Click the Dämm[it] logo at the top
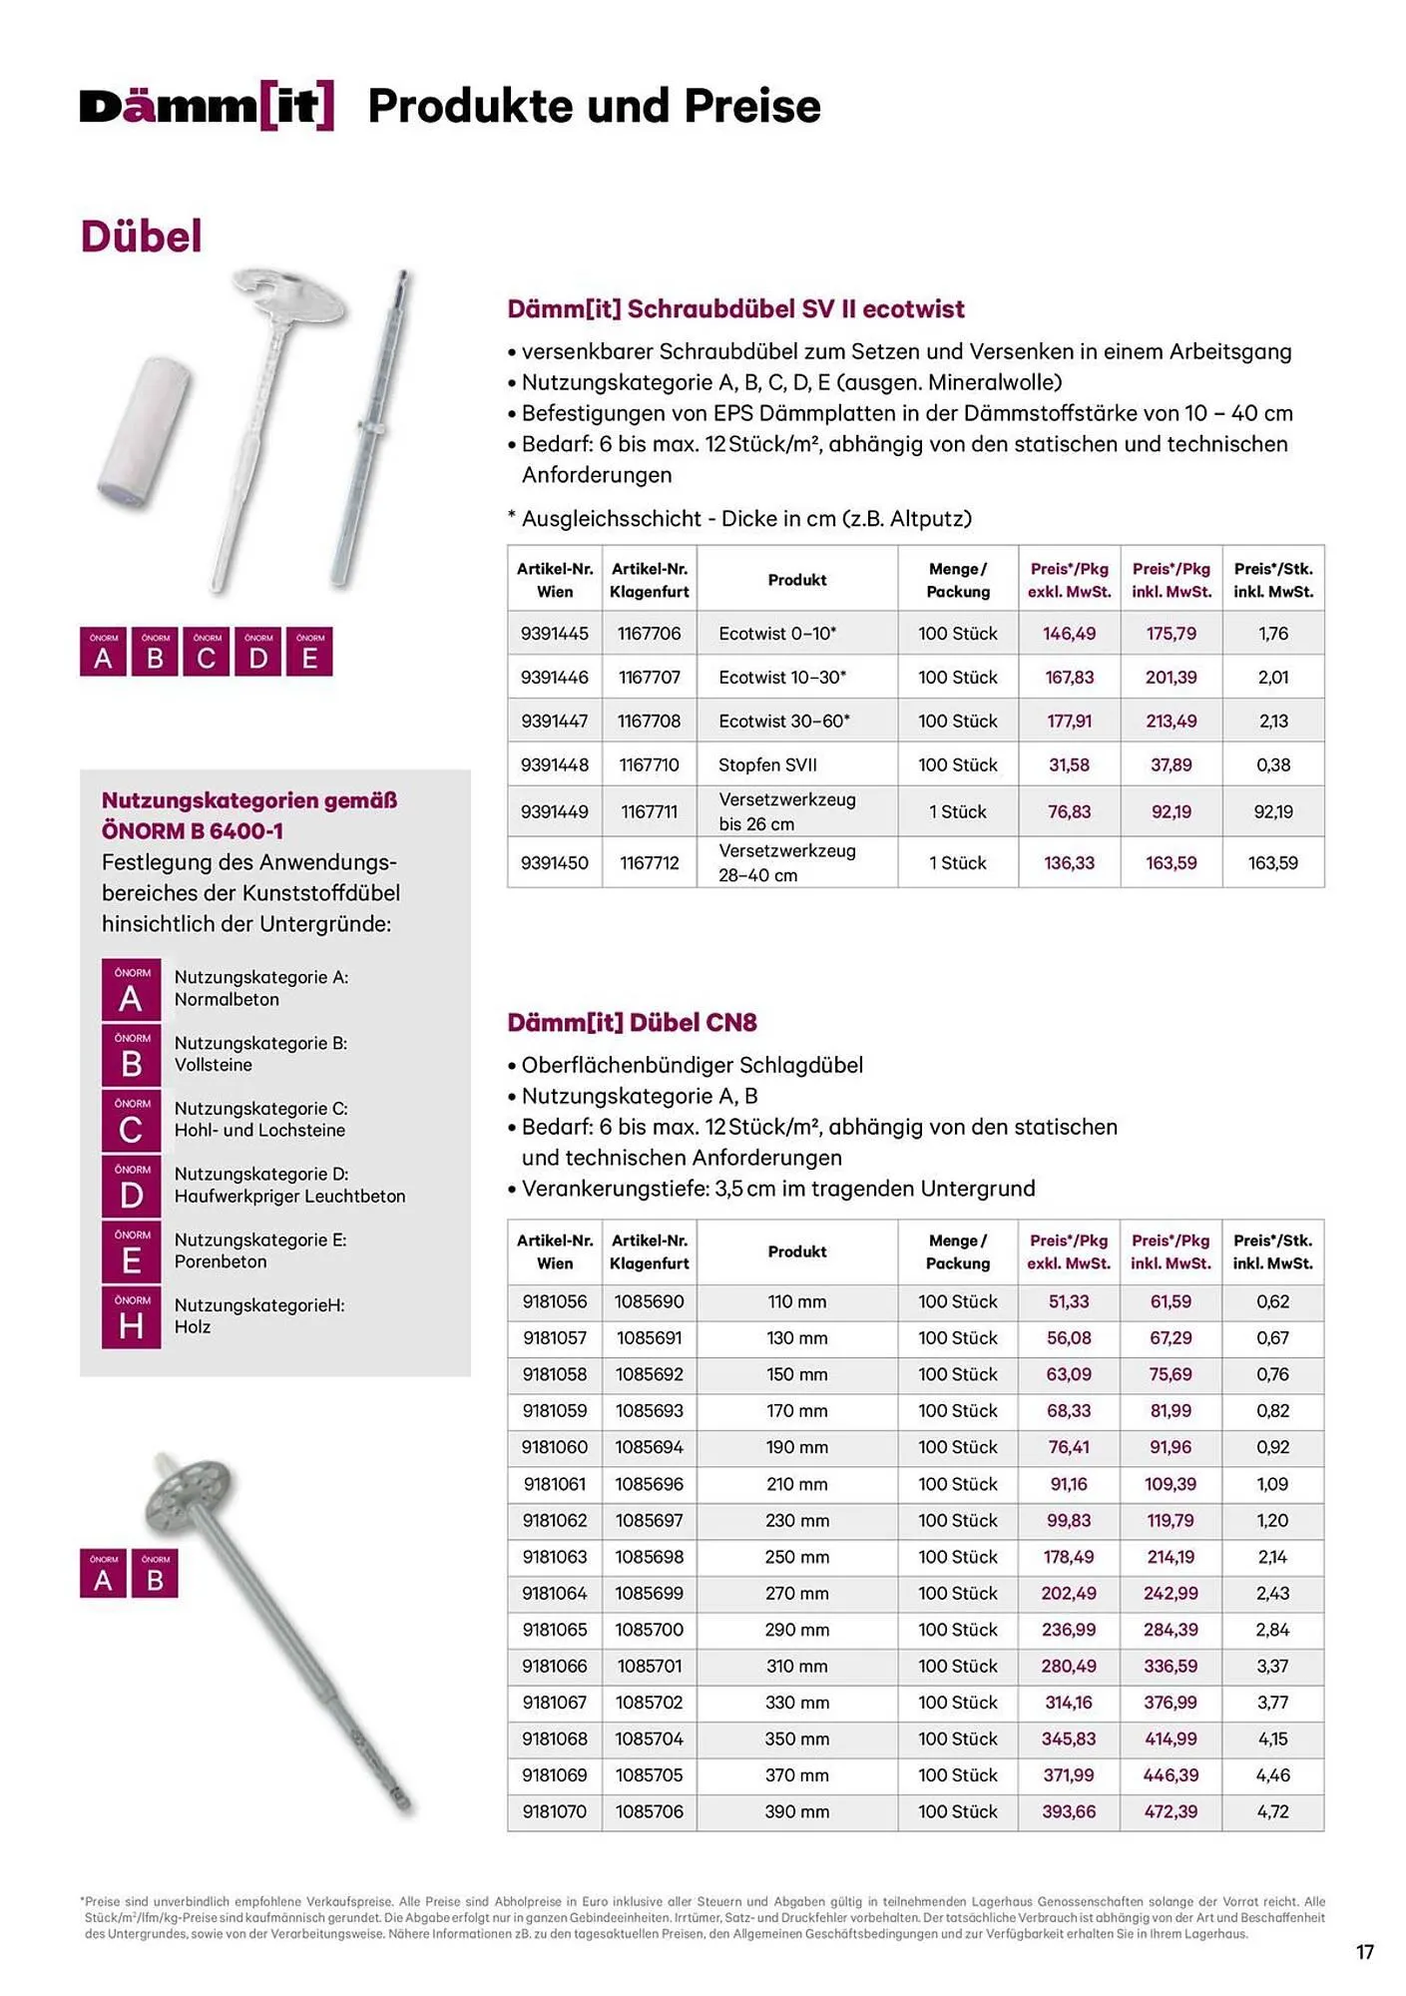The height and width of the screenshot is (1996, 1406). pos(207,106)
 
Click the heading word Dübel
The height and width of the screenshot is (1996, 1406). pos(141,237)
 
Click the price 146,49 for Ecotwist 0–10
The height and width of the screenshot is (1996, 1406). pos(1069,634)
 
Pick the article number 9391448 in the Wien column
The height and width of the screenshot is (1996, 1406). pos(554,765)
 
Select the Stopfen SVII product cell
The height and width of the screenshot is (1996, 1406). pos(767,765)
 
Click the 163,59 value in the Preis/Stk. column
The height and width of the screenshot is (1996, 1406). pos(1272,863)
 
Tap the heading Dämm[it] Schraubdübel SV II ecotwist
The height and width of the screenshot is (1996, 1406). pos(735,309)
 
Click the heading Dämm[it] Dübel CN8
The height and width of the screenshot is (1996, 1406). pos(632,1023)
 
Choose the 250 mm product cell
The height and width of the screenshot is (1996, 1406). pos(796,1557)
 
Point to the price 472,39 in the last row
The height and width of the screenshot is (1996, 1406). pos(1171,1811)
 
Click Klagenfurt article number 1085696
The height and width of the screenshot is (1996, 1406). pos(649,1484)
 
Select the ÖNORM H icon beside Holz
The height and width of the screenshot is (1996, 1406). pos(131,1317)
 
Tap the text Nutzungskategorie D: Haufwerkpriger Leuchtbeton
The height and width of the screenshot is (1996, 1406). pos(289,1185)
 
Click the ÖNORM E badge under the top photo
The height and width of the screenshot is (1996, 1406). pos(309,652)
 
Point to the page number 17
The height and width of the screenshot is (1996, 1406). pos(1364,1952)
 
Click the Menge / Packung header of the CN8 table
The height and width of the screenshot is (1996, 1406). pos(957,1251)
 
